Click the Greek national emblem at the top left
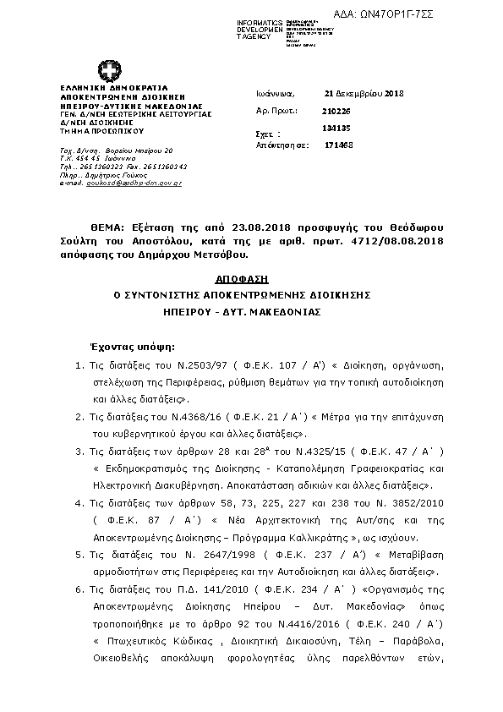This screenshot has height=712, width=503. click(109, 70)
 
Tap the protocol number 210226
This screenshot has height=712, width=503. click(335, 111)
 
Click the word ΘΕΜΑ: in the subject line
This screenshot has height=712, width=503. click(107, 228)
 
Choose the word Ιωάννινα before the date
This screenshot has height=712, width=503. click(274, 93)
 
